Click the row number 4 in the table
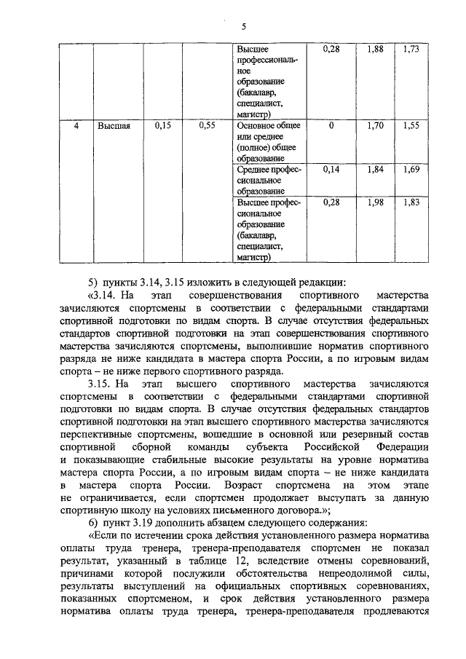pyautogui.click(x=76, y=126)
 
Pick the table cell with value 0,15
pyautogui.click(x=163, y=126)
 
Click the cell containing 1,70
pyautogui.click(x=375, y=126)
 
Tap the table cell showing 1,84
pyautogui.click(x=375, y=169)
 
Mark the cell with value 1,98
pyautogui.click(x=375, y=202)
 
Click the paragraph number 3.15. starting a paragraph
pyautogui.click(x=100, y=384)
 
